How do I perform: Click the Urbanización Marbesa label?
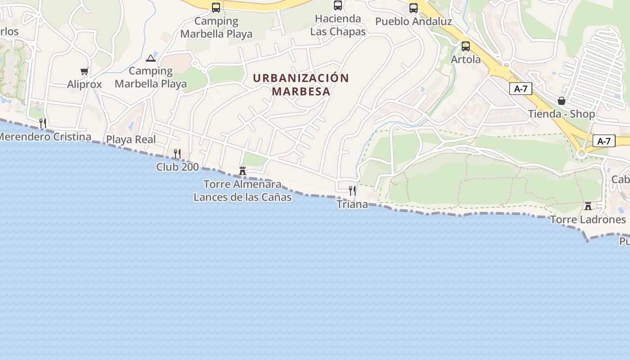point(301,85)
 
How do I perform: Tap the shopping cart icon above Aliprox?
point(84,71)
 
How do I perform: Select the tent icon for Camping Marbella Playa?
point(151,58)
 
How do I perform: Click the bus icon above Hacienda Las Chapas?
point(338,5)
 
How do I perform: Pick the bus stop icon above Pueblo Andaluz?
point(414,8)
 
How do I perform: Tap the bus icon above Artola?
point(466,46)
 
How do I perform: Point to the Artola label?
point(466,59)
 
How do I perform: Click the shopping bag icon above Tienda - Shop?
point(561,101)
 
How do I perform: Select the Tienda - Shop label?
point(561,114)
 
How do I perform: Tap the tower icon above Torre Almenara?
point(243,171)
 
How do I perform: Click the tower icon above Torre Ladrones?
point(588,206)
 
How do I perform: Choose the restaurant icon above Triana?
point(352,190)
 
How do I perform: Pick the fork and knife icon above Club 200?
point(177,153)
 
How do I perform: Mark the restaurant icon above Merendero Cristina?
point(43,123)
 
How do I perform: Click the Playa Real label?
point(131,139)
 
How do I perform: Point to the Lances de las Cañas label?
point(243,197)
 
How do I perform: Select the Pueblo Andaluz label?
point(414,21)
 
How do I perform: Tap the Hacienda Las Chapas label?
point(338,25)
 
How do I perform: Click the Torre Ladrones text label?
point(588,220)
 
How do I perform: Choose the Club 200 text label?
point(177,167)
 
